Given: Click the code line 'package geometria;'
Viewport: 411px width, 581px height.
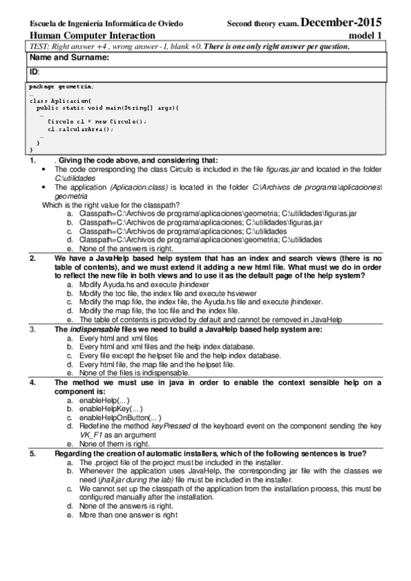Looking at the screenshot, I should (62, 86).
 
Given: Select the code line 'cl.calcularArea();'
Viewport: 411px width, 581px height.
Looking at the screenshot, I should (80, 128).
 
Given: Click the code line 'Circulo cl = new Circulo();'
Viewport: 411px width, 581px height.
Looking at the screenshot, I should (92, 121).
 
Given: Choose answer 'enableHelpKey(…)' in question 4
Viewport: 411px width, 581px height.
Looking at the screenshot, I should (110, 408).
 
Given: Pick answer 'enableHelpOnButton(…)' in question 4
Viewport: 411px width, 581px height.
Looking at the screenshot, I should (120, 417).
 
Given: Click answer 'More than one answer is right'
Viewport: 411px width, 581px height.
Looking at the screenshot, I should (128, 514).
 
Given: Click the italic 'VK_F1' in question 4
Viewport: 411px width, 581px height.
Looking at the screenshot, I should (91, 434).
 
